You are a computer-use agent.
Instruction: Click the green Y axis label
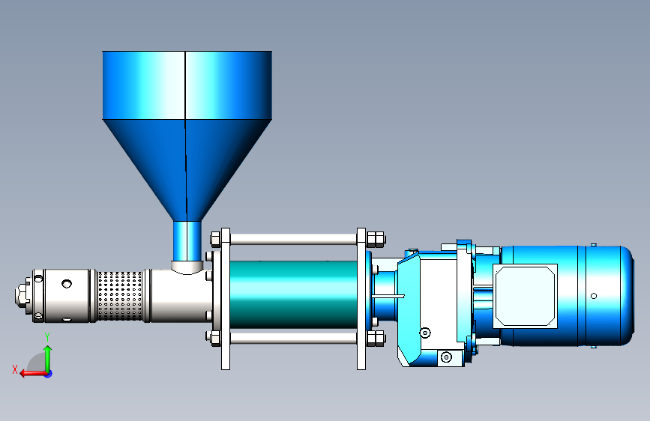47,337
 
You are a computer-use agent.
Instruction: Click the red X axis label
15,369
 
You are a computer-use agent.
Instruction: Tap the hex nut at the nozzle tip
21,294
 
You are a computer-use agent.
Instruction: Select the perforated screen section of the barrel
119,295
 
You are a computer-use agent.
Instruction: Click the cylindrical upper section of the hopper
187,85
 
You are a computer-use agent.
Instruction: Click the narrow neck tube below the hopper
187,241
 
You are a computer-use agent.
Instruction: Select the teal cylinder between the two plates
293,294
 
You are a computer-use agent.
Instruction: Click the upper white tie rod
293,239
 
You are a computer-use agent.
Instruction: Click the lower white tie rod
293,338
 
